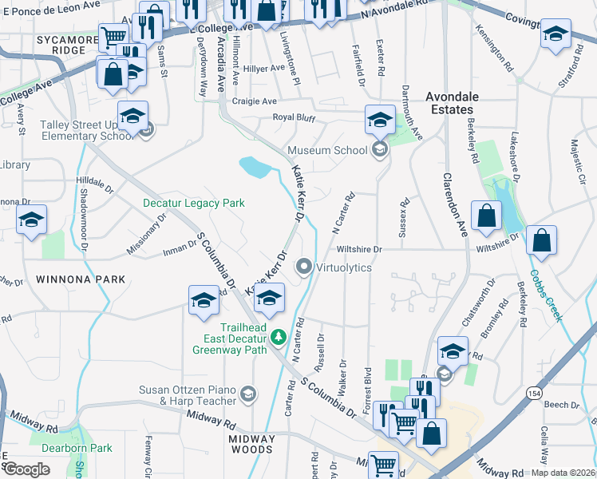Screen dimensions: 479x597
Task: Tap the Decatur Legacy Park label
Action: pyautogui.click(x=193, y=204)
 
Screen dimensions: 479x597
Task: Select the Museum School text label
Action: pyautogui.click(x=327, y=150)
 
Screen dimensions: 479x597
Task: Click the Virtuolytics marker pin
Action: pyautogui.click(x=304, y=267)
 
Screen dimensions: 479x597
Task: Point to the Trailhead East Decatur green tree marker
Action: pyautogui.click(x=279, y=338)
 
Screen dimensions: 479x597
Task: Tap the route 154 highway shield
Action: pyautogui.click(x=534, y=393)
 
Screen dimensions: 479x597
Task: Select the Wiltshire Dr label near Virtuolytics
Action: pyautogui.click(x=360, y=249)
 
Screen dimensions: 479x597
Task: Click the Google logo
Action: pyautogui.click(x=26, y=469)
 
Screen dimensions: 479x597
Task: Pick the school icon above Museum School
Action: pyautogui.click(x=380, y=121)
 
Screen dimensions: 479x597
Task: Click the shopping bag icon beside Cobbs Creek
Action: pyautogui.click(x=541, y=241)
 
